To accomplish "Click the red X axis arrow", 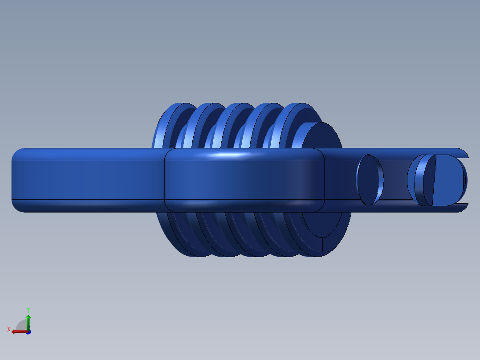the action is click(x=19, y=331).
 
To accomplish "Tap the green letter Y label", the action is click(x=28, y=310).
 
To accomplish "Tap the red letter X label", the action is click(x=9, y=329).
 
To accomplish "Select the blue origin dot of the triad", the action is click(x=28, y=332).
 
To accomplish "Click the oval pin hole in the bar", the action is click(x=370, y=180).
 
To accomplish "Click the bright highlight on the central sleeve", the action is click(x=228, y=155).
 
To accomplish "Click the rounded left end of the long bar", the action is click(x=17, y=180).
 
